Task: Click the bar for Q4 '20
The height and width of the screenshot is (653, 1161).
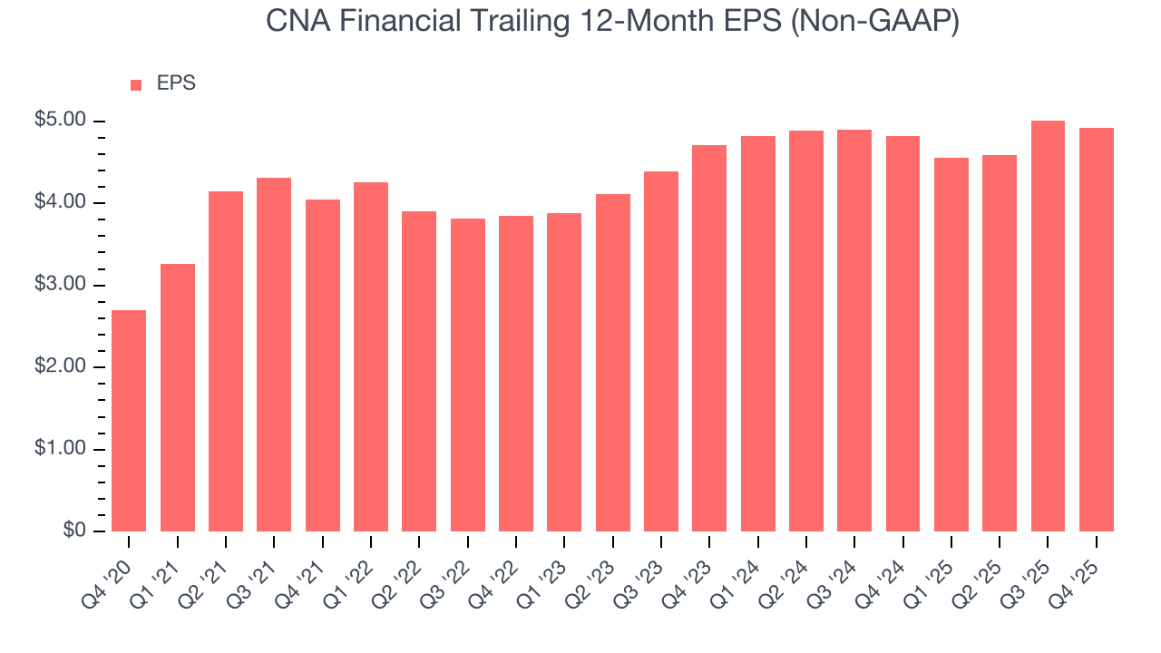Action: pos(129,421)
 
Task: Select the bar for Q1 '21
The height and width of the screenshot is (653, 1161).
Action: pos(177,397)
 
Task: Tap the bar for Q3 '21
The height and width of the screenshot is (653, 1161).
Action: pos(274,355)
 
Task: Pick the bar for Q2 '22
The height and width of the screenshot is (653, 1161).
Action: pos(419,372)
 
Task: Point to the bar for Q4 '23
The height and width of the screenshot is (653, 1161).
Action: pos(709,338)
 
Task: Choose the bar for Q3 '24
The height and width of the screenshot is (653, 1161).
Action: pos(854,330)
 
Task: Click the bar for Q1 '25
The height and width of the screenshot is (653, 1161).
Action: pos(951,345)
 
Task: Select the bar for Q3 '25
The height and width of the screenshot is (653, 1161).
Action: pos(1048,326)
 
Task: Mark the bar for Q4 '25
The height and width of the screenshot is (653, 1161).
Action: pos(1097,329)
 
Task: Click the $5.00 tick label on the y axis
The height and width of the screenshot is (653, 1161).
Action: pos(62,121)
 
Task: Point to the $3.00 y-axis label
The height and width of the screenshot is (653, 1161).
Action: pos(62,285)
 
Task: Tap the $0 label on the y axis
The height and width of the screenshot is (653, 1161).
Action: pos(75,531)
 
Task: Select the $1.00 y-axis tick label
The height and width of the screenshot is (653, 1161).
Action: pos(62,449)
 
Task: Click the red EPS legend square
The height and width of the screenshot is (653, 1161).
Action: pos(136,84)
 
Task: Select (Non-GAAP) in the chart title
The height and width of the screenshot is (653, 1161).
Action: pos(875,22)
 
